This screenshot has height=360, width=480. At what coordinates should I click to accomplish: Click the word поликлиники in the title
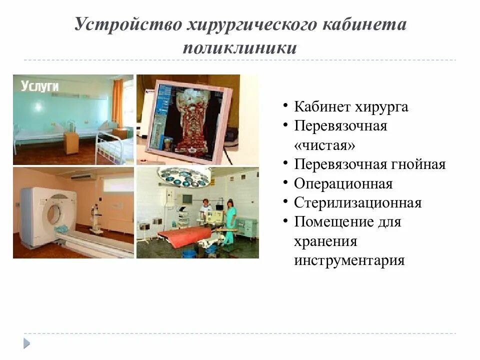(239, 48)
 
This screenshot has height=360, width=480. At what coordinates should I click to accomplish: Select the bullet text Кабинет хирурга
(351, 107)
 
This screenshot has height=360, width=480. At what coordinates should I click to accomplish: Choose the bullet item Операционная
(343, 183)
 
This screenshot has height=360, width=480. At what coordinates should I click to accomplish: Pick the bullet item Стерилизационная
(357, 202)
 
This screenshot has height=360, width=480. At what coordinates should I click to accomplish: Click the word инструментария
(349, 260)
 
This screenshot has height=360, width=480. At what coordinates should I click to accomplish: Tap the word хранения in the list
(325, 241)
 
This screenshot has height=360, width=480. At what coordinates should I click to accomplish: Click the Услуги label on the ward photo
(40, 86)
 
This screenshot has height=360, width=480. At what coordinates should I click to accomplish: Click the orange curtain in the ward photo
(117, 102)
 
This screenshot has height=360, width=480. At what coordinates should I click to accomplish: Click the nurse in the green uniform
(229, 220)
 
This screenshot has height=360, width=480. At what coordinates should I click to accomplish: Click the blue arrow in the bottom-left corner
(26, 343)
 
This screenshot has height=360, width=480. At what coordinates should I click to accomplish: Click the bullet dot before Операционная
(284, 183)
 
